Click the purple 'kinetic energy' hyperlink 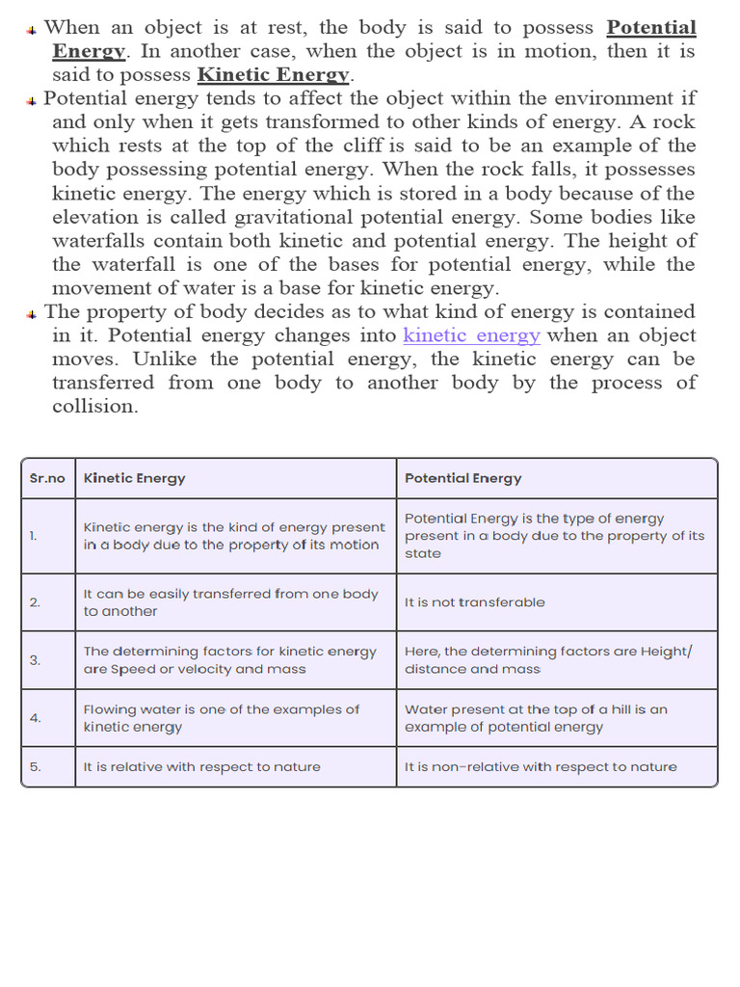[x=471, y=335]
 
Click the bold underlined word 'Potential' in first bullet [x=650, y=27]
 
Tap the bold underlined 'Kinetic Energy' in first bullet [x=273, y=74]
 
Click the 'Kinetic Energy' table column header [x=135, y=478]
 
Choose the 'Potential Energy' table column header [x=463, y=478]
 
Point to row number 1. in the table [x=35, y=536]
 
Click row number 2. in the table [x=35, y=602]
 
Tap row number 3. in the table [x=35, y=660]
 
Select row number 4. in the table [x=35, y=718]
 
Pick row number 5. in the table [x=35, y=767]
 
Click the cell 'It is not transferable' [x=475, y=602]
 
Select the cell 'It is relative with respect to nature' [x=202, y=767]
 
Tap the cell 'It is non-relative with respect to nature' [x=541, y=767]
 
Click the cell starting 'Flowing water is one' [x=222, y=718]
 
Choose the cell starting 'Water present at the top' [x=536, y=718]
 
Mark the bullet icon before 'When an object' [x=32, y=30]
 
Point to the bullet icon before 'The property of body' [x=32, y=314]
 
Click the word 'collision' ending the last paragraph [x=93, y=407]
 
